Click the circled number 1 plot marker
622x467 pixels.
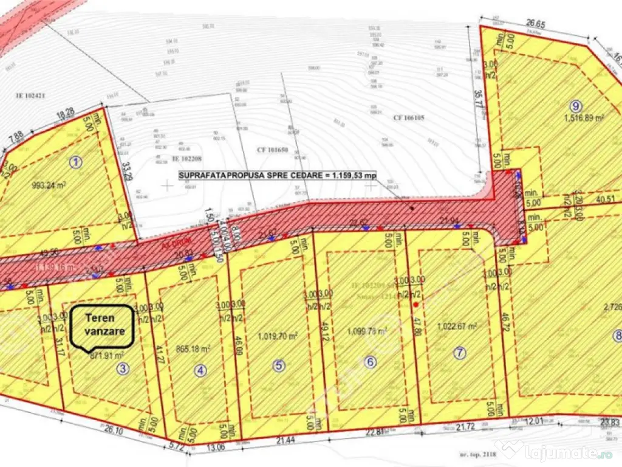(75, 162)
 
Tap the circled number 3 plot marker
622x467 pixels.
(123, 368)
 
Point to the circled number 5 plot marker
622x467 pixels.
(279, 365)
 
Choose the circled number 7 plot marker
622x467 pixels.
(460, 352)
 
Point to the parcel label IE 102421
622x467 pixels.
(31, 96)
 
